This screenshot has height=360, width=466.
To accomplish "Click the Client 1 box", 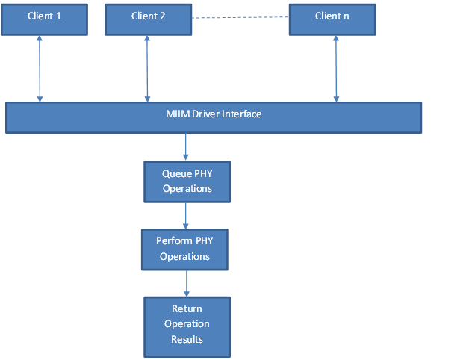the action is tap(45, 19).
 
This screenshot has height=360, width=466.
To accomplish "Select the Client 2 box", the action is tap(149, 19).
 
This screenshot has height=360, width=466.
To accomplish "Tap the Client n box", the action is tap(332, 19).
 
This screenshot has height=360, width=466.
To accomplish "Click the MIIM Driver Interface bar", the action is tap(214, 118).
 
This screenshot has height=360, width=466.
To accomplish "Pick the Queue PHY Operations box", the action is tap(187, 182).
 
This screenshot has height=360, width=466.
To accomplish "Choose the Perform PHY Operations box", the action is tap(184, 249).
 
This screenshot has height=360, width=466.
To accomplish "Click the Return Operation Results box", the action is tap(187, 327).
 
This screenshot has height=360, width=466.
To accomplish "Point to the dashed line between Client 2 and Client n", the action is tap(240, 17).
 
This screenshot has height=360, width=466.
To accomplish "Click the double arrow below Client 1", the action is tap(40, 69).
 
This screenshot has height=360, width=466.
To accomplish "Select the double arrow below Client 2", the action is tap(147, 69).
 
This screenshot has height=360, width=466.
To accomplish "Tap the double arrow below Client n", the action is tap(336, 69).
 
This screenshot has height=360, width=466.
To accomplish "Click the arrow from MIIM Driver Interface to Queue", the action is tap(186, 147).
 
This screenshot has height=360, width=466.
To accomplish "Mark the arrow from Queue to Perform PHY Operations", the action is tap(186, 216).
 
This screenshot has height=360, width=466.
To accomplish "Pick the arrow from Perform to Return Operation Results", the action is tap(187, 283).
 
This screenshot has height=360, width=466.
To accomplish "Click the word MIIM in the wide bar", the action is tap(178, 114).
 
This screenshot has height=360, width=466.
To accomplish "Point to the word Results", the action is tap(187, 339).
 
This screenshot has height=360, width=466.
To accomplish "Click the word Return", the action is tap(187, 309).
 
